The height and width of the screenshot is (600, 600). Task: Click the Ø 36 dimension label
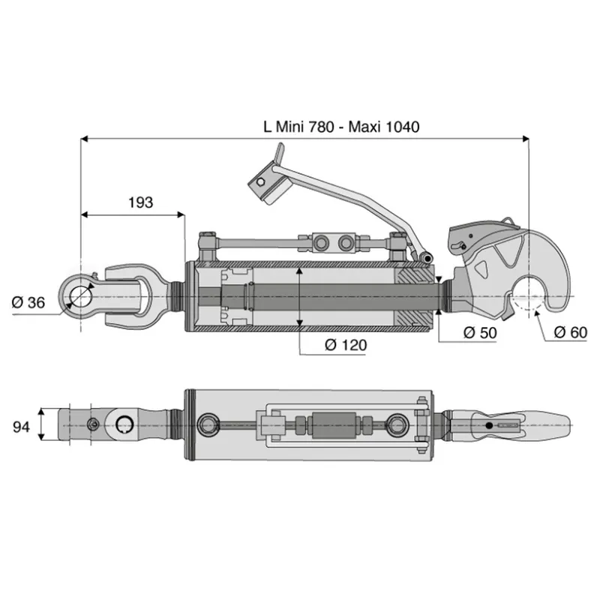[28, 303]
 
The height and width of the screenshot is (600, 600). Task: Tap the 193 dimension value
[140, 202]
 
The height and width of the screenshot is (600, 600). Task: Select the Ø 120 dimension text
[346, 345]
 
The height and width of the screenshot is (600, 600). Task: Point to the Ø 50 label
[480, 332]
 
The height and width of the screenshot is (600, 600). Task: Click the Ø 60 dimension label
[570, 332]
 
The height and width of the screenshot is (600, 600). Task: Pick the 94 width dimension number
[21, 426]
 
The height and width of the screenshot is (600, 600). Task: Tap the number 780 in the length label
[322, 127]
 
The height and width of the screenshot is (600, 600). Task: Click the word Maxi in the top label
[364, 127]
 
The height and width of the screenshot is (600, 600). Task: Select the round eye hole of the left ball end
[81, 297]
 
